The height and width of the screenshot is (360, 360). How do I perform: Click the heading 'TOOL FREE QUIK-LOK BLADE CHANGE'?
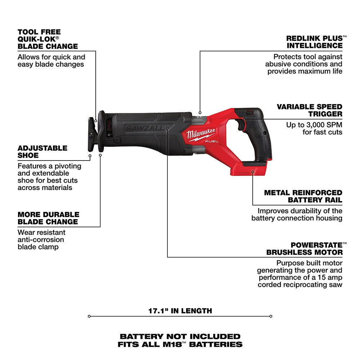[48, 39]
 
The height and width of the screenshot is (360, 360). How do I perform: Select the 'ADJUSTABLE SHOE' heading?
[42, 152]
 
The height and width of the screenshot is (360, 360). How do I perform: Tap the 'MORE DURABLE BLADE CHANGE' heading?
[48, 218]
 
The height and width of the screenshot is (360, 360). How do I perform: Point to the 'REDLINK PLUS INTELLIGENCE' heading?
[314, 42]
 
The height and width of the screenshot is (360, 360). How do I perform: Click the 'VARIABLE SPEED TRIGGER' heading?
[309, 110]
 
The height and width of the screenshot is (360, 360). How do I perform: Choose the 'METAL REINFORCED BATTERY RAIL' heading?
[303, 196]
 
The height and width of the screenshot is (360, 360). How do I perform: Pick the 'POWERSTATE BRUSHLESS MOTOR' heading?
[304, 248]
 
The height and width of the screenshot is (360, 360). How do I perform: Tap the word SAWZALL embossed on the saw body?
[144, 128]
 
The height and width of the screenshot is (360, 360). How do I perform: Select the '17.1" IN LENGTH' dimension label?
[180, 310]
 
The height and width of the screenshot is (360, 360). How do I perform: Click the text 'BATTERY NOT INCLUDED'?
[180, 336]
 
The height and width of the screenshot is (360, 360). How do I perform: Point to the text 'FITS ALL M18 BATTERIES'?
[180, 344]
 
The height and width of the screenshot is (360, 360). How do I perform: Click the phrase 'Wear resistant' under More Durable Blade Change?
[41, 232]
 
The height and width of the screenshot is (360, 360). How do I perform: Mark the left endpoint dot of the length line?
[89, 316]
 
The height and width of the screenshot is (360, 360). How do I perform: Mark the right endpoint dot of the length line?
[271, 316]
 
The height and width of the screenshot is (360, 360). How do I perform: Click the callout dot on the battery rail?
[253, 172]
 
